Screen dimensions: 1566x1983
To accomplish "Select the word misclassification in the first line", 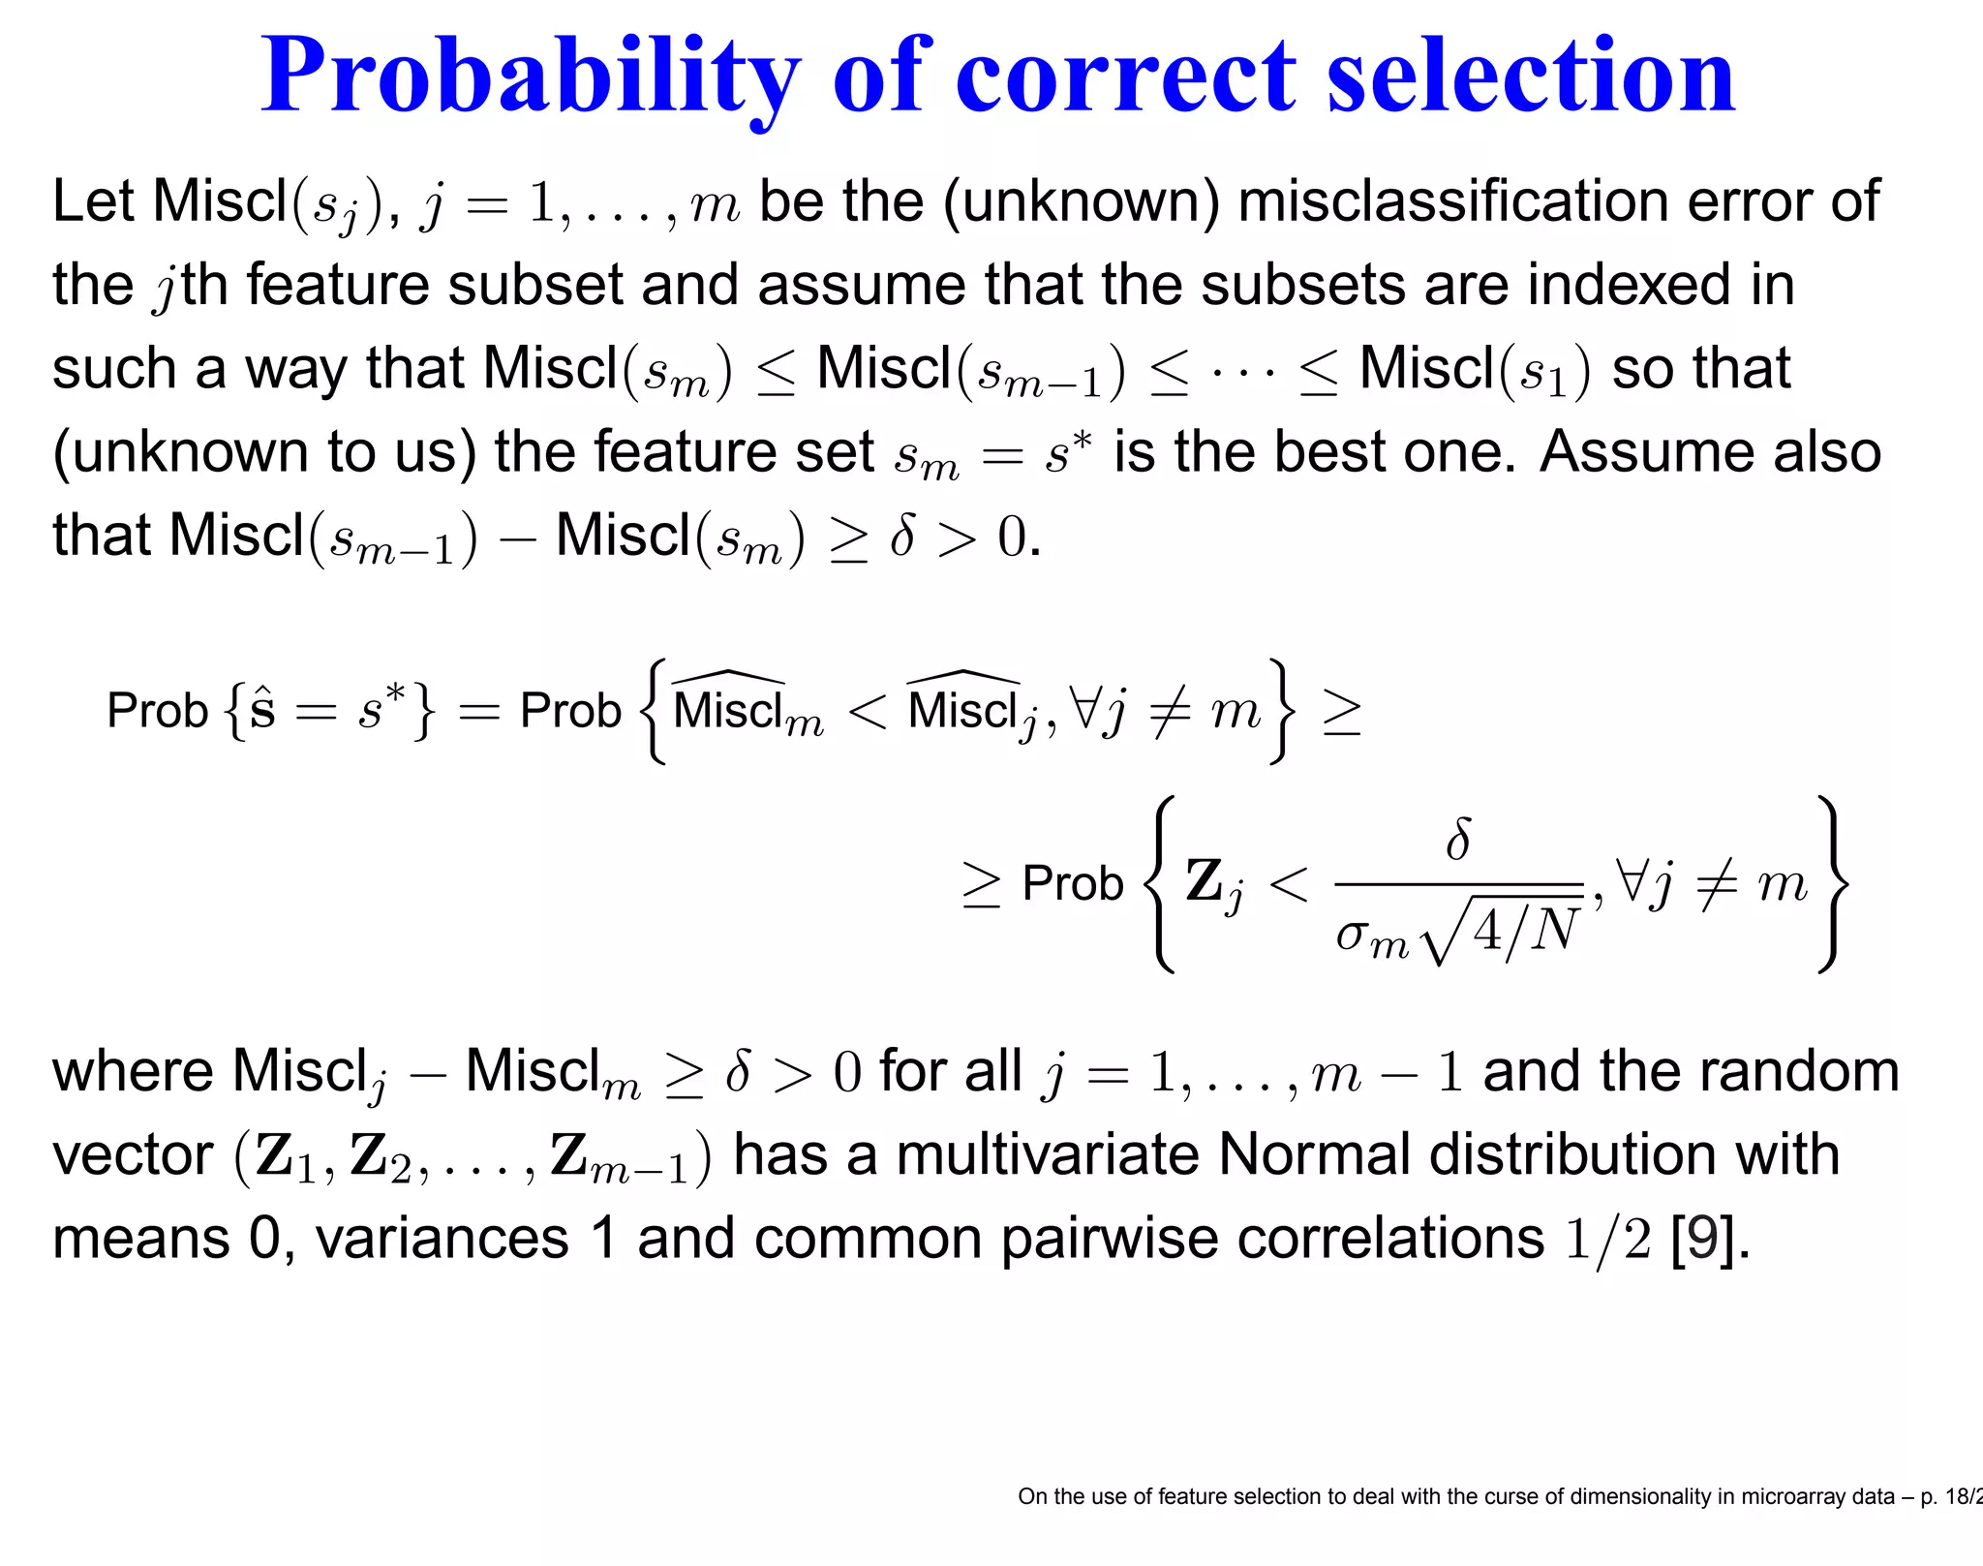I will [x=1453, y=201].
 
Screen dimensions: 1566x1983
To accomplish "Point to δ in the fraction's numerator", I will [x=1457, y=839].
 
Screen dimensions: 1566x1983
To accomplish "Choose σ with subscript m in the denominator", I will [x=1371, y=937].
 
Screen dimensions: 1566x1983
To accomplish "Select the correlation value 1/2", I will [x=1608, y=1239].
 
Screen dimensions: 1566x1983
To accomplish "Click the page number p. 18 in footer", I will [x=1952, y=1496].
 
